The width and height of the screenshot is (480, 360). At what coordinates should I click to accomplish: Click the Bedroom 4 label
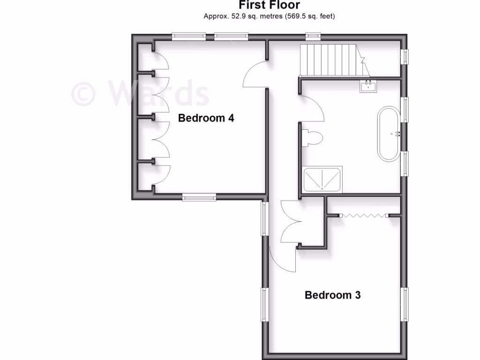click(206, 118)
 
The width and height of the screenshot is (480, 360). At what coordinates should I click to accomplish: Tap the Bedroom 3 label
click(333, 295)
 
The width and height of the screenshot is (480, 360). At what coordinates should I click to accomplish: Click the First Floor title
click(269, 5)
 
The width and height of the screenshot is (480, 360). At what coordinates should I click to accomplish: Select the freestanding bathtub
click(389, 135)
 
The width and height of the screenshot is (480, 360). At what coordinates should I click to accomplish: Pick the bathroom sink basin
click(367, 86)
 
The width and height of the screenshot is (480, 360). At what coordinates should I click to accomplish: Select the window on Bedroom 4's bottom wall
click(200, 198)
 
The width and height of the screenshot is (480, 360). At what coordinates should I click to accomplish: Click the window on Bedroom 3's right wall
click(405, 304)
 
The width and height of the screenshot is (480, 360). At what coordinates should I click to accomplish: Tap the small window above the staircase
click(312, 36)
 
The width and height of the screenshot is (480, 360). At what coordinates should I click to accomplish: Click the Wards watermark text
click(141, 92)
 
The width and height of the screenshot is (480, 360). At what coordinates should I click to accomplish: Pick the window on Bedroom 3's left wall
click(264, 305)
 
